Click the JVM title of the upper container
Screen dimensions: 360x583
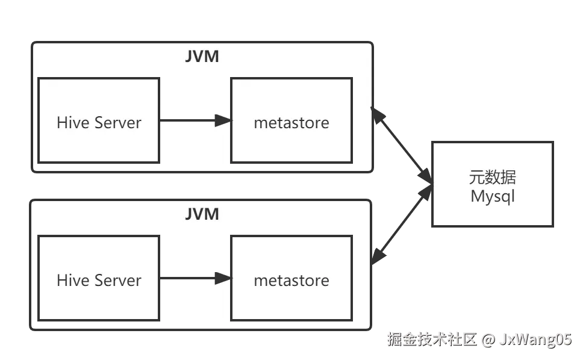(202, 57)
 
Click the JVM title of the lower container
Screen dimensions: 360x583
(202, 214)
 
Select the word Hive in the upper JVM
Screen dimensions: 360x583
(72, 123)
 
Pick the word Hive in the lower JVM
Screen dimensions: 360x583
(72, 281)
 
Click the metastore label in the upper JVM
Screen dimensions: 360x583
(291, 123)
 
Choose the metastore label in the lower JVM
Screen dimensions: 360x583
(291, 281)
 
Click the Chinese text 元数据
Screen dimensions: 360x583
(493, 178)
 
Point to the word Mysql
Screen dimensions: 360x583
(493, 197)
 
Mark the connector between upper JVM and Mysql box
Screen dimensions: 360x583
(401, 144)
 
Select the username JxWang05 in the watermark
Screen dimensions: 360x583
(535, 340)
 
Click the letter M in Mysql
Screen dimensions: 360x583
(477, 196)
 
